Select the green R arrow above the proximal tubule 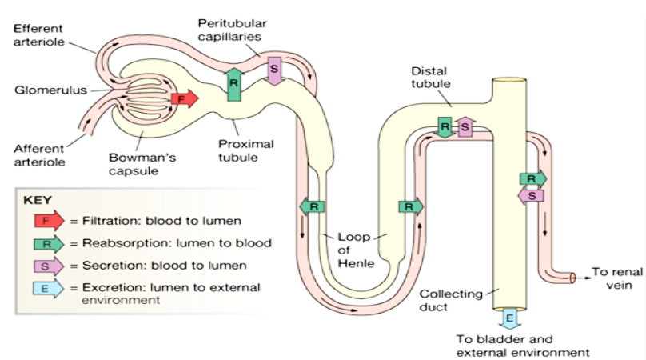tap(234, 82)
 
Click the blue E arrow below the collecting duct tap(508, 318)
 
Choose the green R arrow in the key tap(50, 242)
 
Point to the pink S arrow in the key tap(50, 265)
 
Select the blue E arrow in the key tap(50, 287)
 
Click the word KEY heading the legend tap(39, 201)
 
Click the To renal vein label tap(615, 277)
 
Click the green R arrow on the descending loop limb tap(313, 206)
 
